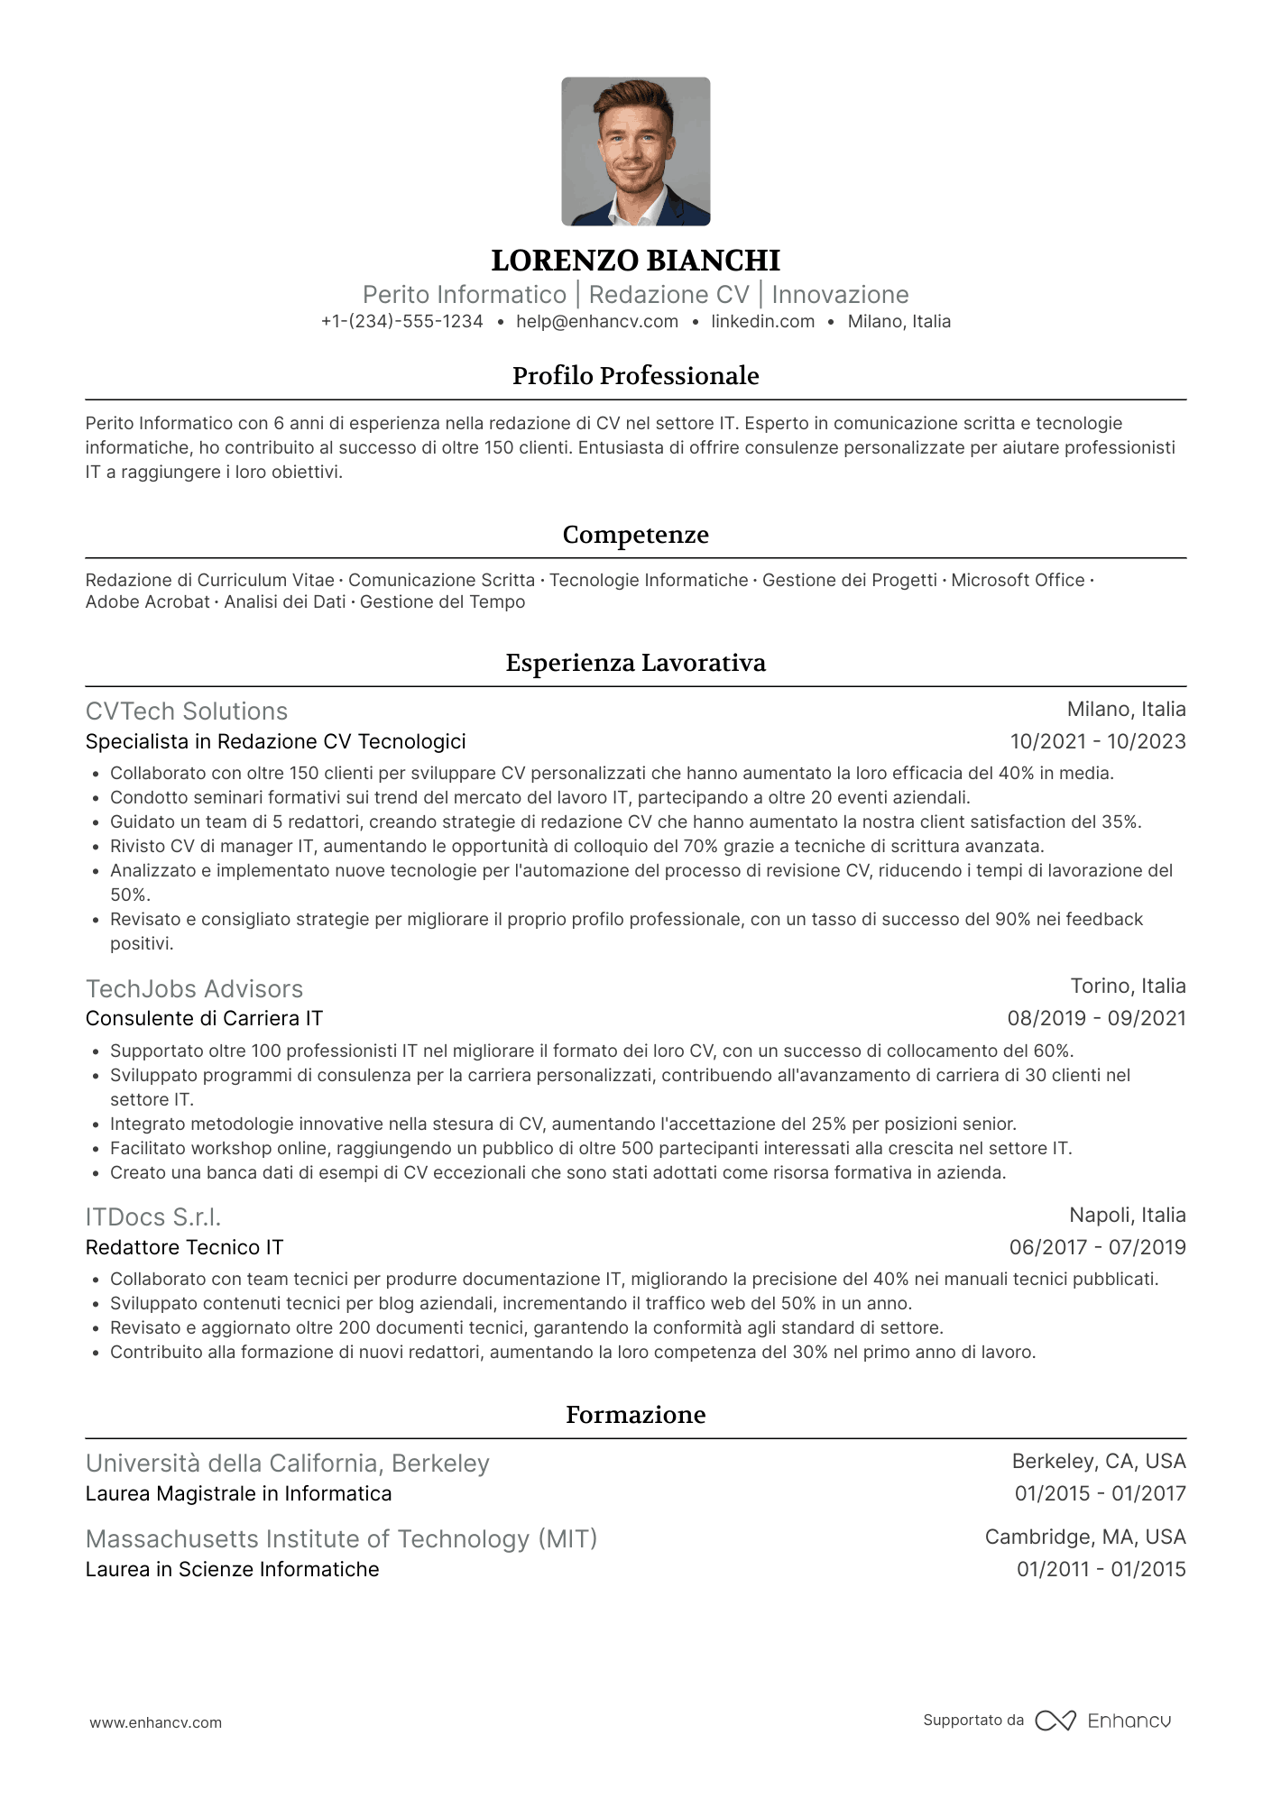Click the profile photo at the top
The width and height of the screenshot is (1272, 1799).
(635, 151)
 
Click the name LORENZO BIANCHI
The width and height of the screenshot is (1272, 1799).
(635, 261)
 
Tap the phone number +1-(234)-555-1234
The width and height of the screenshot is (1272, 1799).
(401, 322)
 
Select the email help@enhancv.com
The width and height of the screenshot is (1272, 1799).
(596, 322)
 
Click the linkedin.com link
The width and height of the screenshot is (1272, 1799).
(762, 322)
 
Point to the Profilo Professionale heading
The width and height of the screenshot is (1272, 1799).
(635, 376)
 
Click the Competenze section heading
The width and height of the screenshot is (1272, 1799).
(635, 535)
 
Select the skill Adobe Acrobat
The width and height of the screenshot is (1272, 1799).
(147, 602)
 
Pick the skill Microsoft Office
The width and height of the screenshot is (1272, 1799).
(1017, 581)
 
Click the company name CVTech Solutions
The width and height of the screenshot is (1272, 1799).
(187, 711)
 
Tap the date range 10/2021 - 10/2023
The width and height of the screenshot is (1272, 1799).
(1097, 742)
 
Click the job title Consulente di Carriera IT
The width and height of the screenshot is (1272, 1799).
(204, 1019)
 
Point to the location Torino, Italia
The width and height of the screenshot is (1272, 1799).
(1128, 987)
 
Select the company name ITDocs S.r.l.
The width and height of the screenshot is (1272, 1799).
(153, 1217)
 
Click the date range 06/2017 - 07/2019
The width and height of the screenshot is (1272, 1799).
(1097, 1248)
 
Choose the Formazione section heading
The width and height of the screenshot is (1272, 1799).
(635, 1415)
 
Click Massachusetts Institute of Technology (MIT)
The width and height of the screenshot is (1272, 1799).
(341, 1538)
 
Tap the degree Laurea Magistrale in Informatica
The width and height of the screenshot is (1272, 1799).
(238, 1494)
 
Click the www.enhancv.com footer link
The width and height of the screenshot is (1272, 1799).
(155, 1722)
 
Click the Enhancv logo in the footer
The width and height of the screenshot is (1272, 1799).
(1102, 1721)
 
